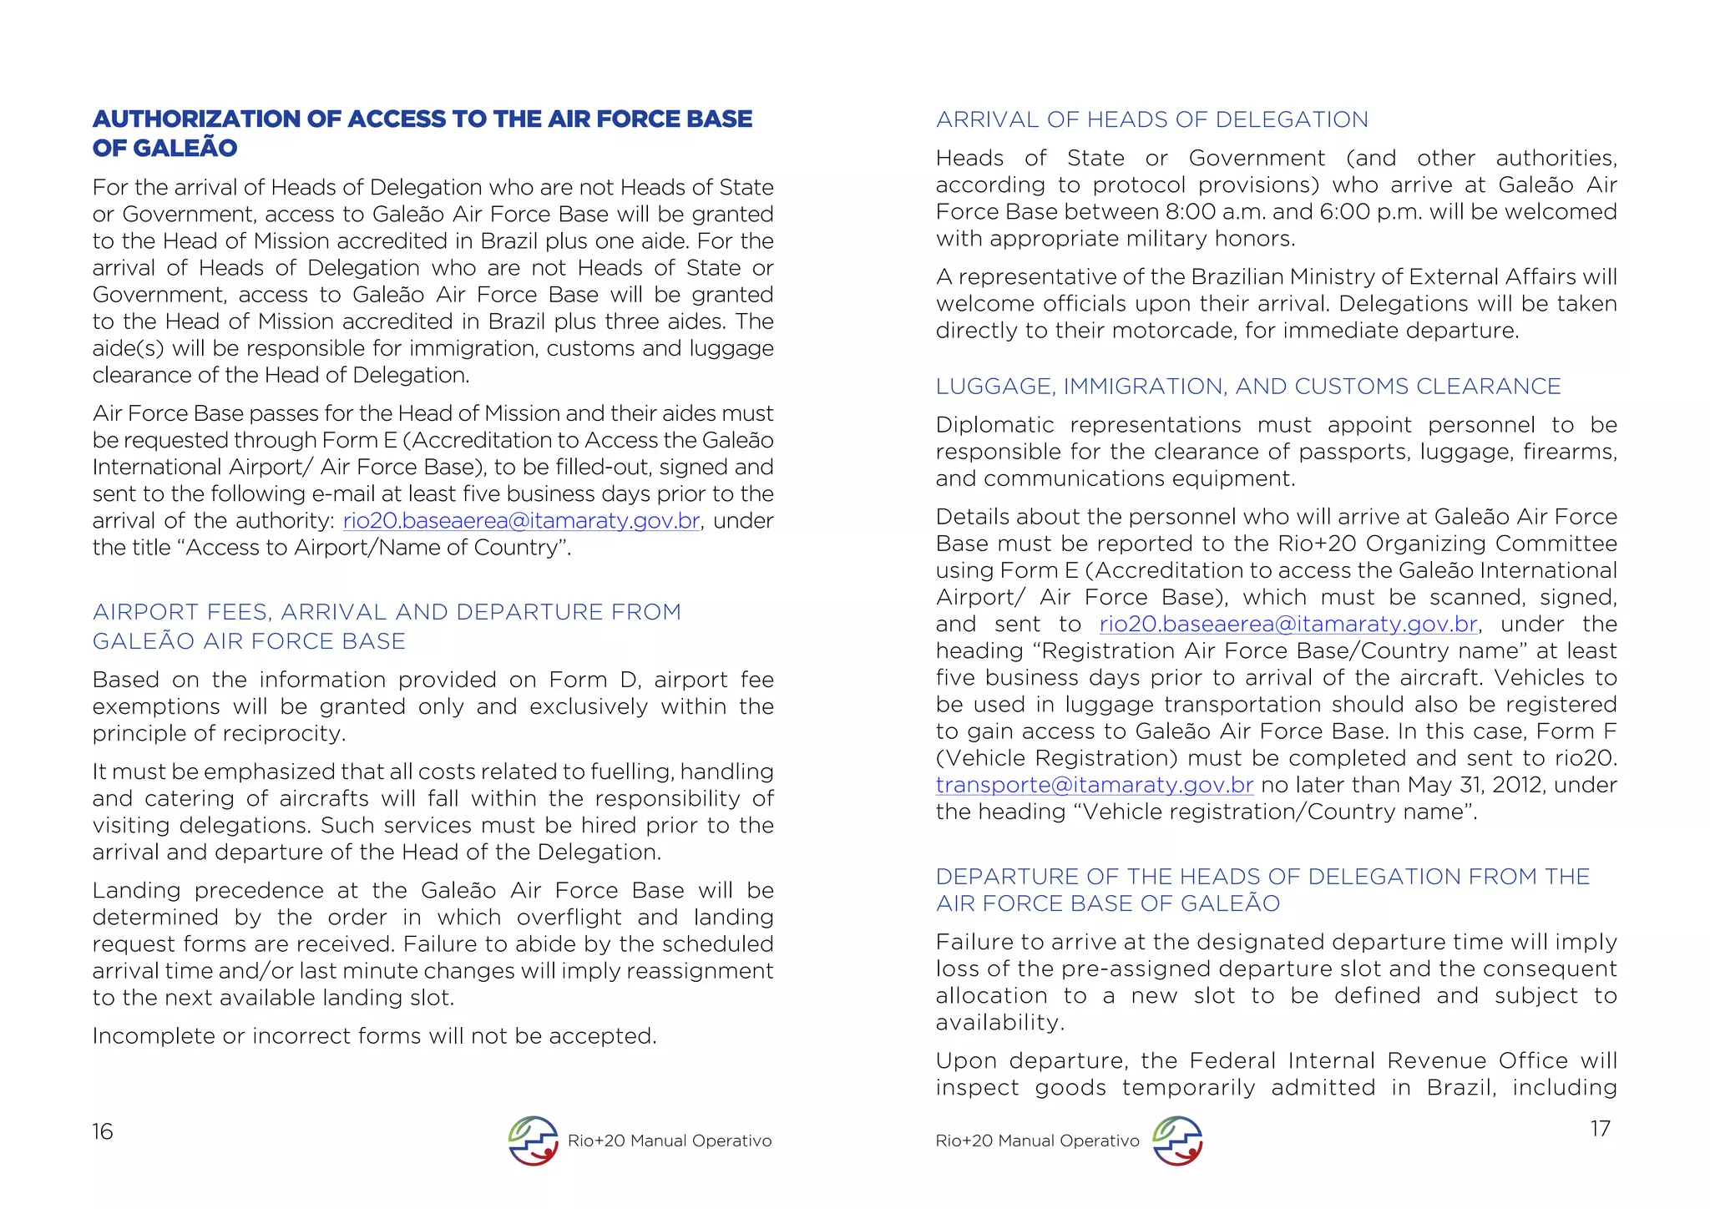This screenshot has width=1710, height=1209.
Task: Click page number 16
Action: pos(102,1131)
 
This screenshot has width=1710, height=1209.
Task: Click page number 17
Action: pos(1600,1128)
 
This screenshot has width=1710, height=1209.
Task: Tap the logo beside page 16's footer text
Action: pos(533,1141)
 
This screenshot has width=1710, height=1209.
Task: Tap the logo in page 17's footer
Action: pos(1177,1141)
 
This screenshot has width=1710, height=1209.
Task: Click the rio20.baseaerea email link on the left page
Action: pos(521,521)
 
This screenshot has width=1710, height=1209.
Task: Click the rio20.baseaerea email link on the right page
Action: pos(1288,625)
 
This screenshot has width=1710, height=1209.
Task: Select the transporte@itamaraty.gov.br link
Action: pos(1094,785)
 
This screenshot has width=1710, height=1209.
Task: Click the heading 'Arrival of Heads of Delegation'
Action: pos(1151,120)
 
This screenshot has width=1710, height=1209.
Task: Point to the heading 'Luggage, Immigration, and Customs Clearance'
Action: pos(1247,387)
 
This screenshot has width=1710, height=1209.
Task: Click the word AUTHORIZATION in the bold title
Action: pos(197,119)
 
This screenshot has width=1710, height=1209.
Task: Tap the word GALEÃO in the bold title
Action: pos(185,149)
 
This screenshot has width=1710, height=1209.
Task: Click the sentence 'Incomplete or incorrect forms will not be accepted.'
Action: pos(374,1036)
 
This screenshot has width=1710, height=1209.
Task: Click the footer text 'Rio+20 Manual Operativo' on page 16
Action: pos(669,1141)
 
